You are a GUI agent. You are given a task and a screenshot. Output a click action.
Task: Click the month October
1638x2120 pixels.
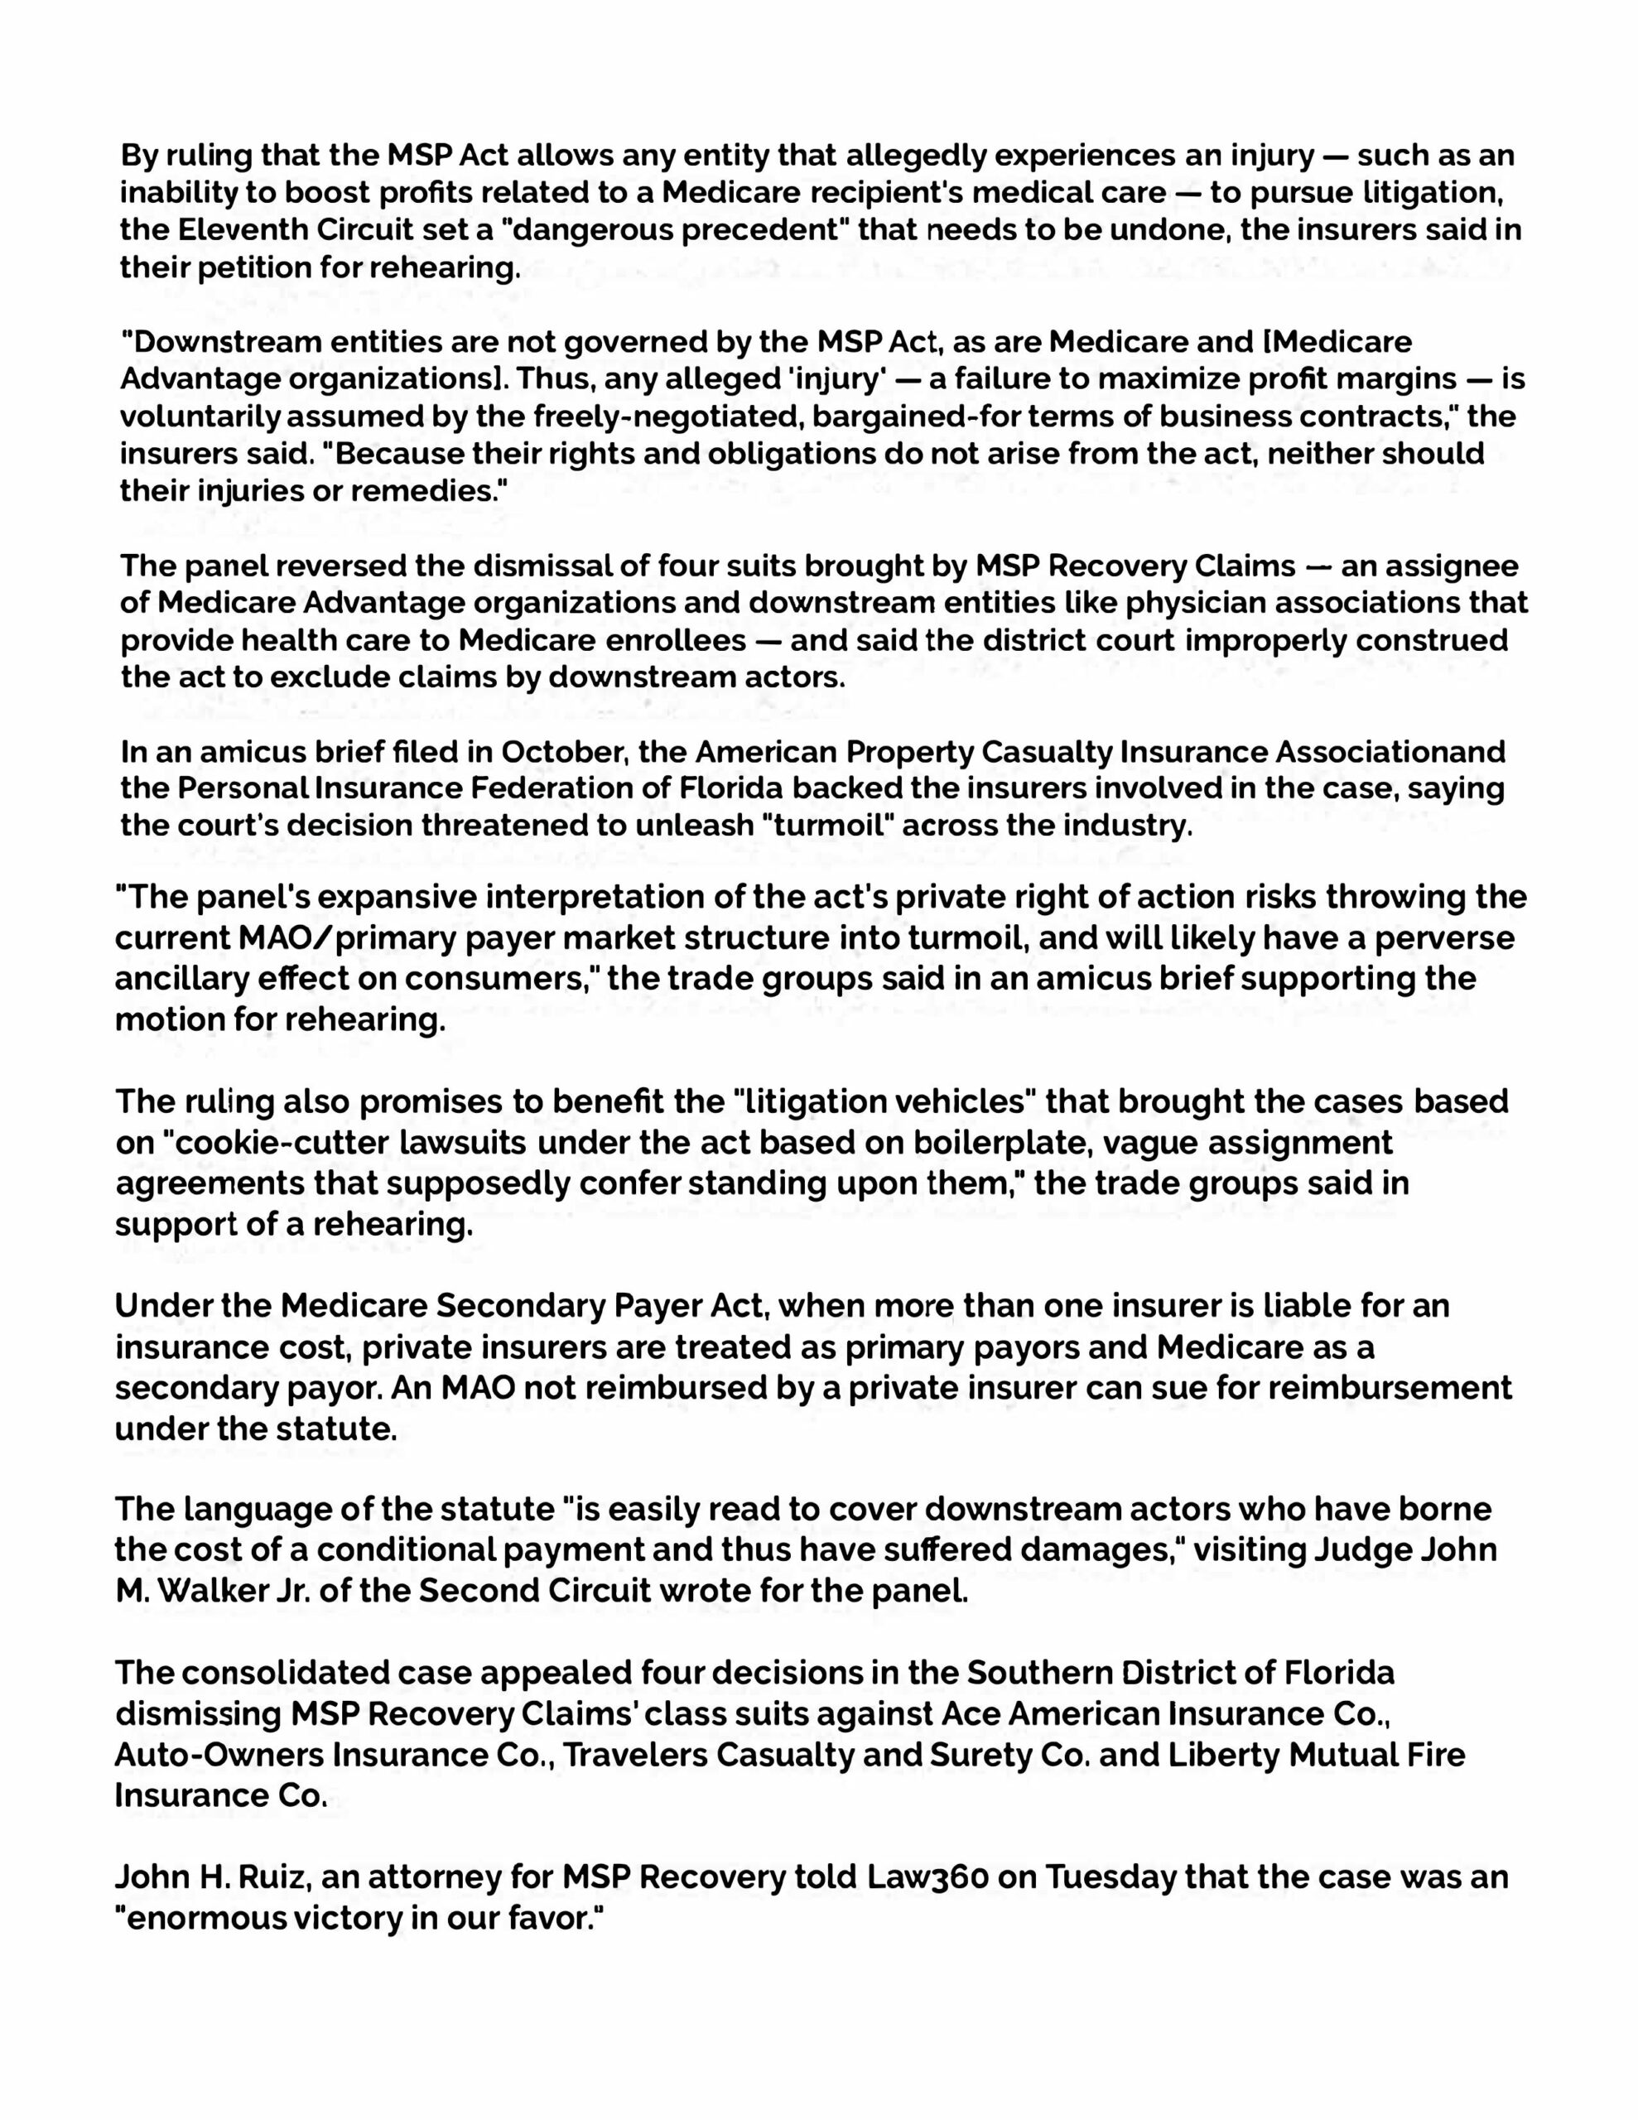click(x=561, y=752)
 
